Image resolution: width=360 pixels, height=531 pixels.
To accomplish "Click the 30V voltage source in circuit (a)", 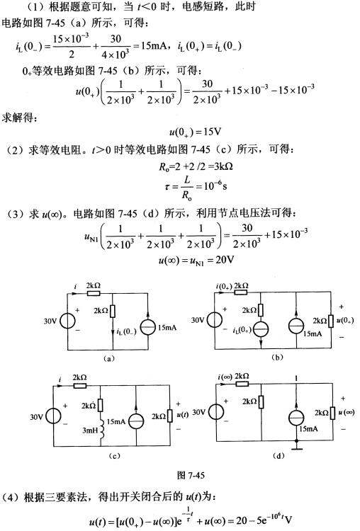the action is [68, 321].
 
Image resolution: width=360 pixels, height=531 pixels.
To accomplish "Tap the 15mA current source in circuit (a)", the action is [149, 327].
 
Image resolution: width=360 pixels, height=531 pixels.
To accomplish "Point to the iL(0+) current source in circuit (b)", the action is [261, 329].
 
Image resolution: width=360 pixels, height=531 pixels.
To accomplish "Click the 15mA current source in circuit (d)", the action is [296, 418].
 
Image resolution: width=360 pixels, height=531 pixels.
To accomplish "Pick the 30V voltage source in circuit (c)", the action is [54, 416].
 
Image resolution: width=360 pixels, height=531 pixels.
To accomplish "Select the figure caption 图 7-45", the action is [191, 475].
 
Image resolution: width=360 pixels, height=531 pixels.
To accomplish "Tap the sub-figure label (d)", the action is [279, 456].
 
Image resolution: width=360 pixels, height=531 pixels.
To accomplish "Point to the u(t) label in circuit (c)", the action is [183, 414].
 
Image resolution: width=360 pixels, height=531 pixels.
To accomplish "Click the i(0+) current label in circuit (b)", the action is [224, 287].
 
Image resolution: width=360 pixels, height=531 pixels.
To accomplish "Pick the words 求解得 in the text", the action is [18, 118].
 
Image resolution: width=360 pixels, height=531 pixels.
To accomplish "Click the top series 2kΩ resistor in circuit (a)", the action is [94, 293].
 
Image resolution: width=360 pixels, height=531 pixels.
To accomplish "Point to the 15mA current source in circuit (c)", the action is [136, 421].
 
